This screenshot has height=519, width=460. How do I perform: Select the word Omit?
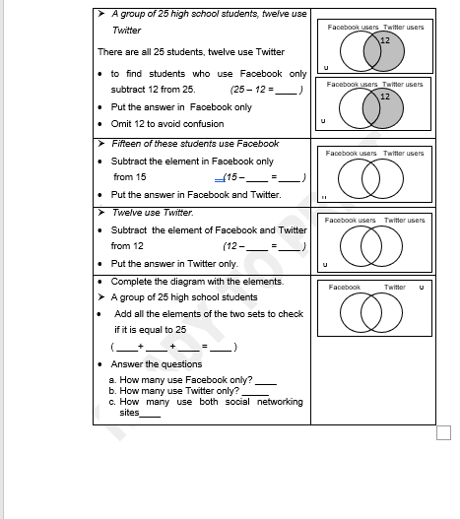[x=121, y=124]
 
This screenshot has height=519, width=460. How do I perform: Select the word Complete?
[x=131, y=282]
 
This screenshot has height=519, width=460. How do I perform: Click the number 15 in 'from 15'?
[x=141, y=177]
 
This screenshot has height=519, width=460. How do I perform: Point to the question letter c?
[x=112, y=402]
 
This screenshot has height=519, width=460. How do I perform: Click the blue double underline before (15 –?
[x=220, y=180]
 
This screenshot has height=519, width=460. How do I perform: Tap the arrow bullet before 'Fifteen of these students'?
[x=101, y=144]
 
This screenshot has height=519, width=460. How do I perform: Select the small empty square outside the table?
[x=444, y=433]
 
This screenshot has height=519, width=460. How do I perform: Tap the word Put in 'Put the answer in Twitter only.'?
[x=118, y=264]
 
